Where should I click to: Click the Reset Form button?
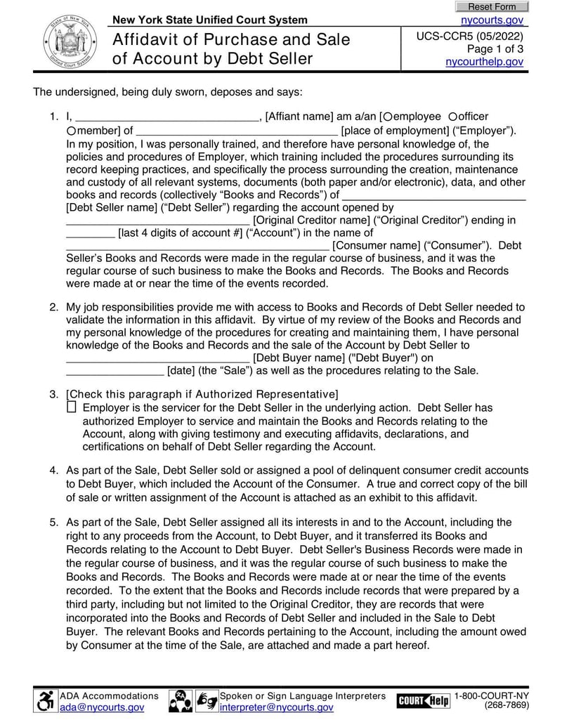pos(492,6)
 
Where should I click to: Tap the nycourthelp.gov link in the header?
pos(485,62)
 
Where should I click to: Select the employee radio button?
pos(388,117)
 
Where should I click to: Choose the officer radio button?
pos(453,117)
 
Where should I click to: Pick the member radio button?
pos(72,130)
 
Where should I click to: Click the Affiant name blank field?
pos(166,117)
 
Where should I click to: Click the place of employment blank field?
pos(236,130)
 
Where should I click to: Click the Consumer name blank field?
pos(197,245)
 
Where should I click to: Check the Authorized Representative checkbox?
pos(71,407)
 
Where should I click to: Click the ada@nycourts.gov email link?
pos(101,707)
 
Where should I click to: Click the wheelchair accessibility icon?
pos(46,700)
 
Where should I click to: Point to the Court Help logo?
pos(423,700)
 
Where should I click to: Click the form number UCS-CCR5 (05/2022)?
pos(469,36)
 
